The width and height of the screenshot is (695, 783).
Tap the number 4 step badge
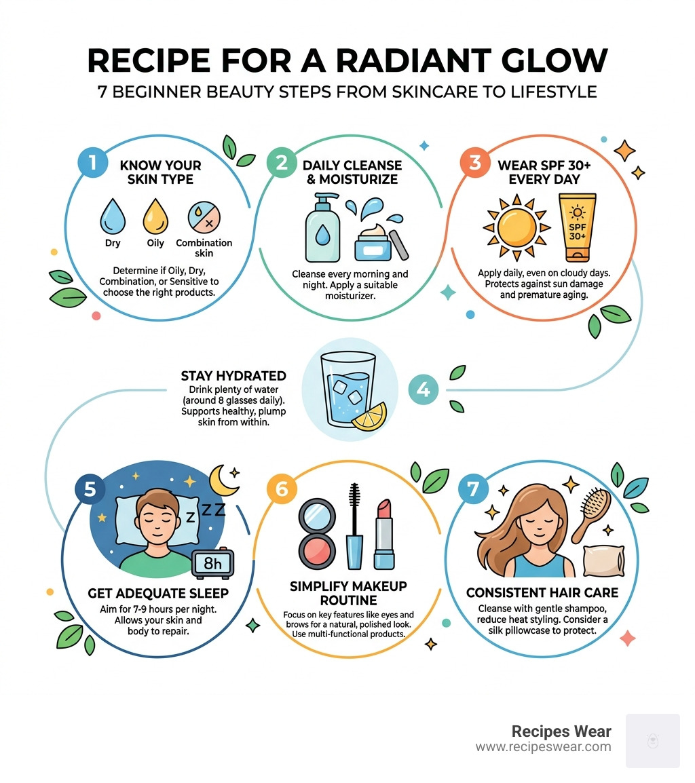pyautogui.click(x=423, y=389)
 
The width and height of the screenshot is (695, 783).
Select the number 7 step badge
pyautogui.click(x=472, y=491)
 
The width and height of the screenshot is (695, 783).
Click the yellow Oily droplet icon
pyautogui.click(x=155, y=216)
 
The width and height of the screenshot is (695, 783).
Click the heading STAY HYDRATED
pyautogui.click(x=233, y=375)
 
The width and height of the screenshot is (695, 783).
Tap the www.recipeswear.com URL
pyautogui.click(x=543, y=747)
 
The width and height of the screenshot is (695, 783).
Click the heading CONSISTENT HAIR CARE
pyautogui.click(x=542, y=592)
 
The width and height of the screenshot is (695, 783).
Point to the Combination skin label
pyautogui.click(x=204, y=248)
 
